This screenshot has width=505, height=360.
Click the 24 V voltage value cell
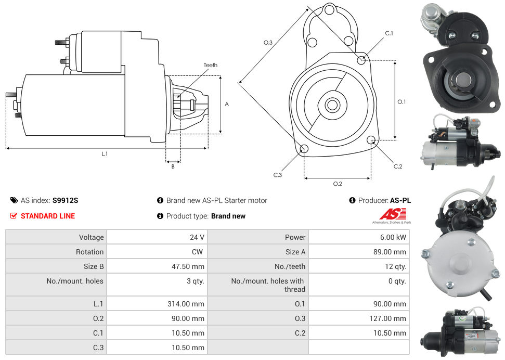coord(197,237)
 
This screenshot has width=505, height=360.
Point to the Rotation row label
coord(89,252)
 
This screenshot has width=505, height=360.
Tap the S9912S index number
coord(66,200)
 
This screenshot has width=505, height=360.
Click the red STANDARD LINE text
coord(48,216)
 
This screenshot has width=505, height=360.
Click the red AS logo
coord(392,214)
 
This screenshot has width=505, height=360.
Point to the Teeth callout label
coord(210,65)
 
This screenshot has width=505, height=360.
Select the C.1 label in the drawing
coord(389,34)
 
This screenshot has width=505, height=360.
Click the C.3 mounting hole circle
coord(304,150)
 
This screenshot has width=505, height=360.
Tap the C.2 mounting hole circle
coord(371,140)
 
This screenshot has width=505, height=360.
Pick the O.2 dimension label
coord(337,184)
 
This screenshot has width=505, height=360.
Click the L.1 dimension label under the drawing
coord(105,153)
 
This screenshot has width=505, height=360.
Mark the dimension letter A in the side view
coord(227,104)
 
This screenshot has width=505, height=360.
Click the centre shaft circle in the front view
coord(332,105)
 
